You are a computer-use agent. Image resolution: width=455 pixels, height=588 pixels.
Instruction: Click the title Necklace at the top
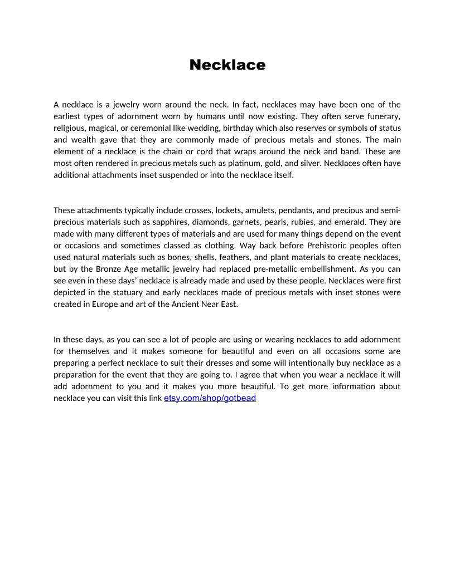pos(227,65)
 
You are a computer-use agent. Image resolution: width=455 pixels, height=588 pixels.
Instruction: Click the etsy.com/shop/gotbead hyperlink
pos(210,398)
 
